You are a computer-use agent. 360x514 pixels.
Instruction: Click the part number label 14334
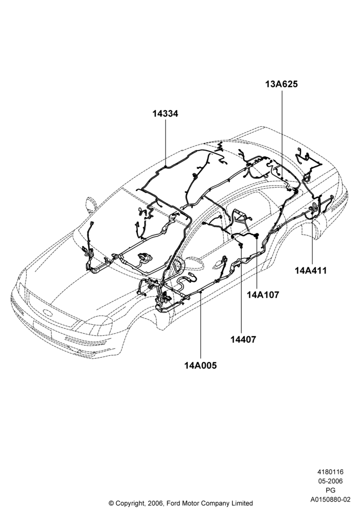(165, 114)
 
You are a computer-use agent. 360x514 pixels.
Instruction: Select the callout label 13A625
(282, 84)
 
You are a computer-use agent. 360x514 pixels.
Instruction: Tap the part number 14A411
(311, 271)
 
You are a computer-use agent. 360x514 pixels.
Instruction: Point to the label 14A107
(263, 295)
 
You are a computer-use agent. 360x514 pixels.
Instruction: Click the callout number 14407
(243, 339)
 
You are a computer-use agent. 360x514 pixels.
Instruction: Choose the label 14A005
(201, 365)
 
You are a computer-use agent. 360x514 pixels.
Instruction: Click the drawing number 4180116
(330, 472)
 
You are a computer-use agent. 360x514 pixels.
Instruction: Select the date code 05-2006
(330, 481)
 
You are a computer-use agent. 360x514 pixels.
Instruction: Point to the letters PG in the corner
(331, 490)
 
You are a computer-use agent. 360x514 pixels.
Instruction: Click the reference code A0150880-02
(331, 500)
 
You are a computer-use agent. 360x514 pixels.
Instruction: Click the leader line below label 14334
(166, 143)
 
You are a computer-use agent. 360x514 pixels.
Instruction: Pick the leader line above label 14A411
(312, 244)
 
